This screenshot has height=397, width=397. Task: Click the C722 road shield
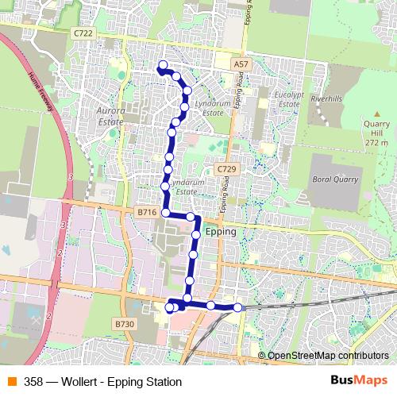point(83,33)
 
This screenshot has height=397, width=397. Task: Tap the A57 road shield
point(242,63)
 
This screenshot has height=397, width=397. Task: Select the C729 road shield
point(227,169)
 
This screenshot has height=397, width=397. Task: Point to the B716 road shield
point(147,213)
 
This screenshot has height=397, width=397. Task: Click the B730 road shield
point(125,324)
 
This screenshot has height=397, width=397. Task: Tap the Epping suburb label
point(220,232)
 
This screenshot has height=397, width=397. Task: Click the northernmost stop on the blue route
point(163,65)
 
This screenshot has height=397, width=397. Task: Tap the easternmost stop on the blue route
point(237,307)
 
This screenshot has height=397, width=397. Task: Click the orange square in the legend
point(11,381)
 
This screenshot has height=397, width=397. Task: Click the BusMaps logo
point(353,380)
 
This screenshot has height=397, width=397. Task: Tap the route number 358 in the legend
point(33,381)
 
